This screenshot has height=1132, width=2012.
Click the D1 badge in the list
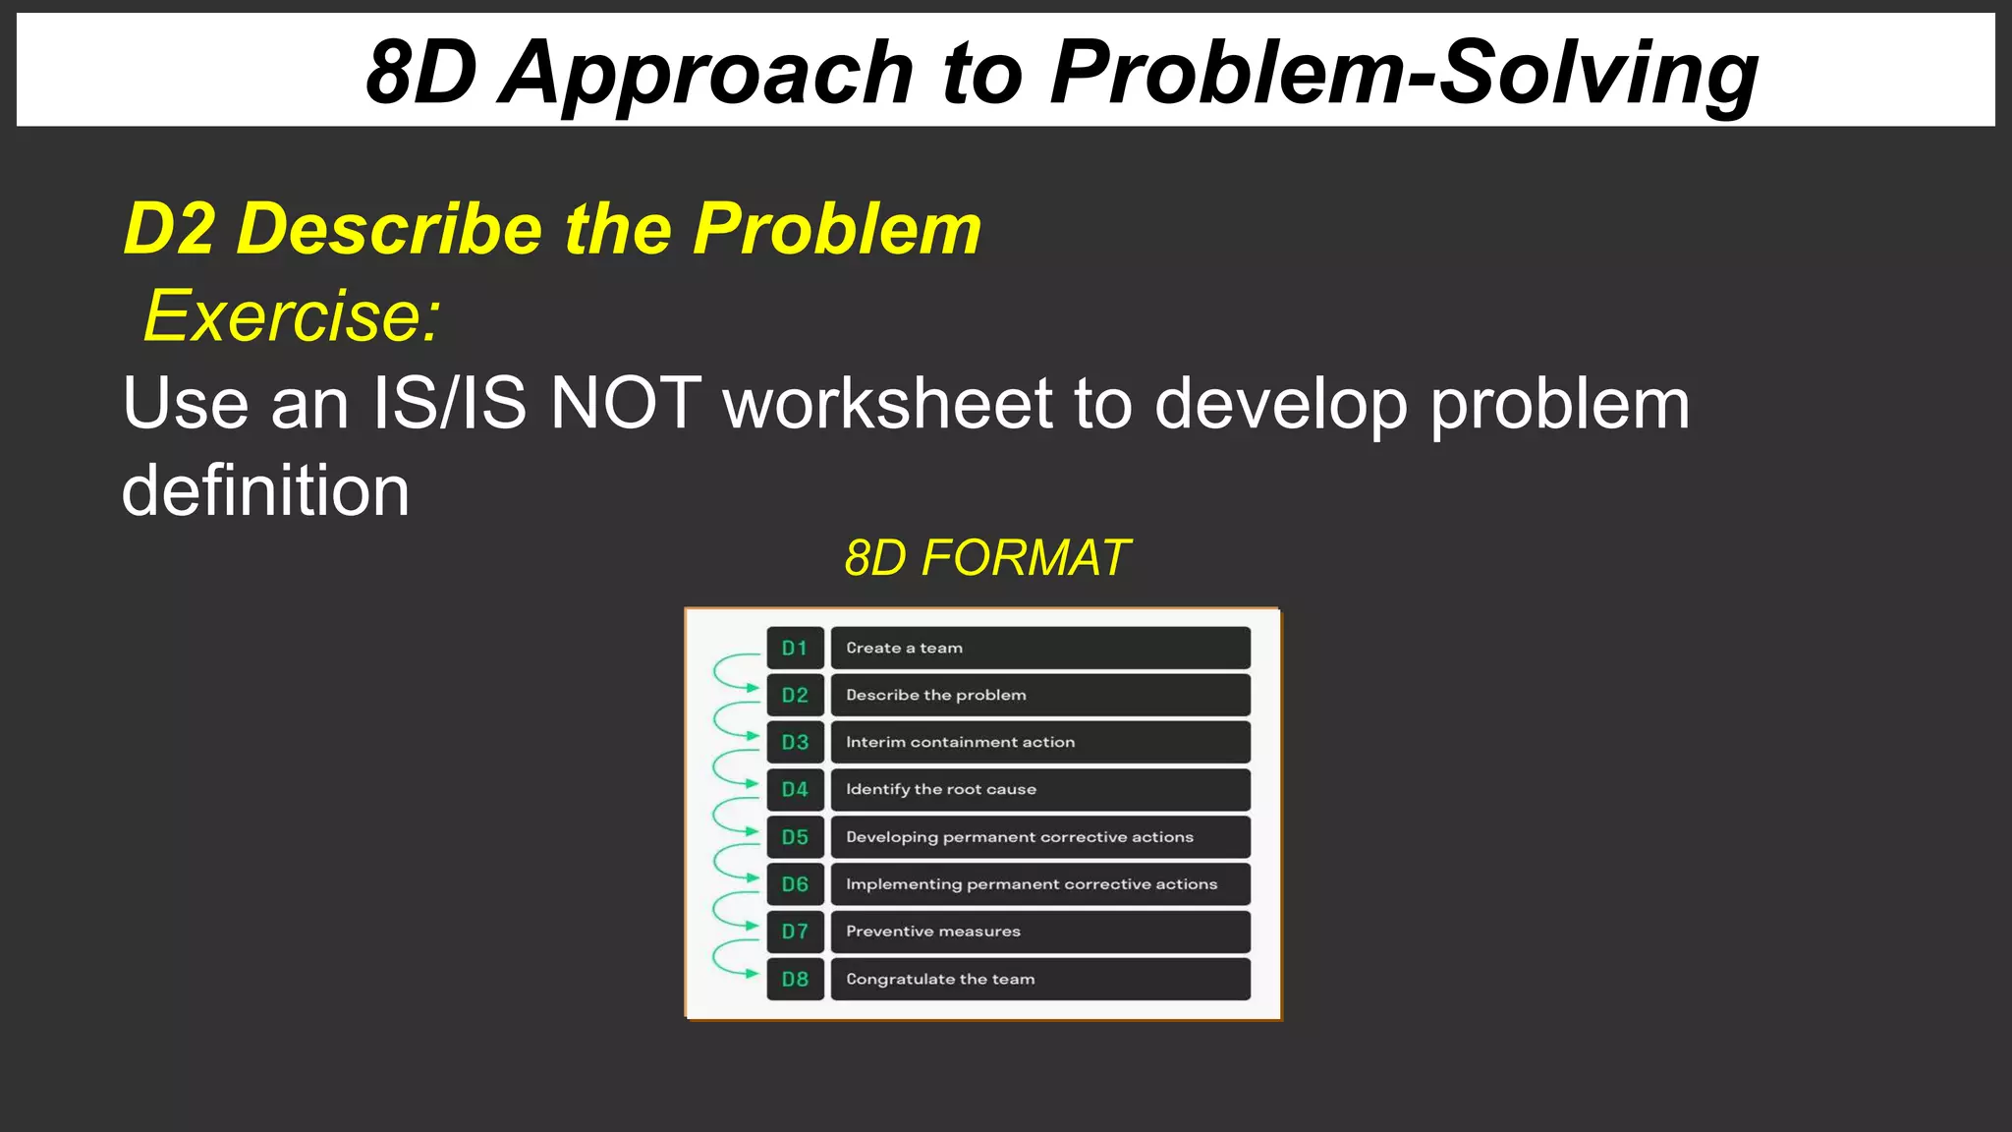(795, 649)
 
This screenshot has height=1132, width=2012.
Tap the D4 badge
(795, 790)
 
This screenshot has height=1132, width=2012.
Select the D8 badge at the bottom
(795, 980)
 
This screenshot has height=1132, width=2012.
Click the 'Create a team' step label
(904, 649)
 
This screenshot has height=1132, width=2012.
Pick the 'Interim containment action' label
(960, 743)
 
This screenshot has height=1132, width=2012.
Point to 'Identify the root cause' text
(940, 790)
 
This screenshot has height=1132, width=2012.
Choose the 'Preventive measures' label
(932, 932)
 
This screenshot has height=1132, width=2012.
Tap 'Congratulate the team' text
(940, 980)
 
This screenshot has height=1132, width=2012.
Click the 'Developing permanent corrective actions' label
(1019, 837)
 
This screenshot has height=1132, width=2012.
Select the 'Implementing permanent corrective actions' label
(1031, 884)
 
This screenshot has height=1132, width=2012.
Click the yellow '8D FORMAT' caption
(986, 558)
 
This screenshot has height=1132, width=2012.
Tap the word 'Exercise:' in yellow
(293, 316)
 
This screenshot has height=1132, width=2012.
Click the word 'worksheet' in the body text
(887, 404)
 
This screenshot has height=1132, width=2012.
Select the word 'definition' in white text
(265, 490)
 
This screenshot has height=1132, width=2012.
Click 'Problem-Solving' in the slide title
(1403, 73)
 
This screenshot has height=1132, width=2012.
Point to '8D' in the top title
(420, 73)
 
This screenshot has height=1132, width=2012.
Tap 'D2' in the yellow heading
(169, 229)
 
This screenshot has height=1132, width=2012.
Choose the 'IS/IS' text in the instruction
(449, 404)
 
